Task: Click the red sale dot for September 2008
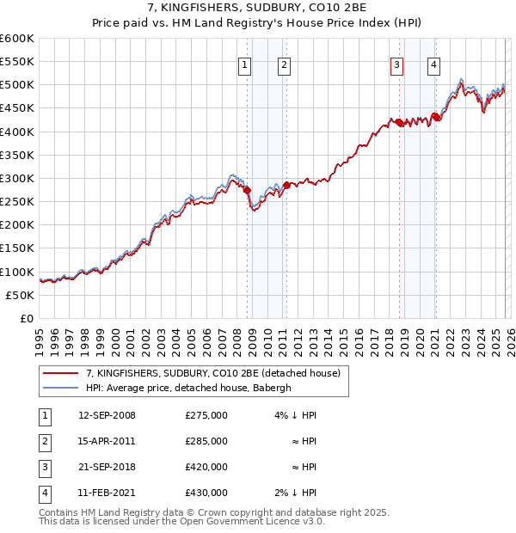tap(247, 190)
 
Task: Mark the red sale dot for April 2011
tap(286, 185)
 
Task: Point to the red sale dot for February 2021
tap(436, 118)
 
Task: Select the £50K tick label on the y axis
tap(21, 295)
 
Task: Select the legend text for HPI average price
tap(189, 388)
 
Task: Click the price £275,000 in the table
tap(206, 415)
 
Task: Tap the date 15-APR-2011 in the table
tap(107, 441)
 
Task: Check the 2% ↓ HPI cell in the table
tap(295, 493)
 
